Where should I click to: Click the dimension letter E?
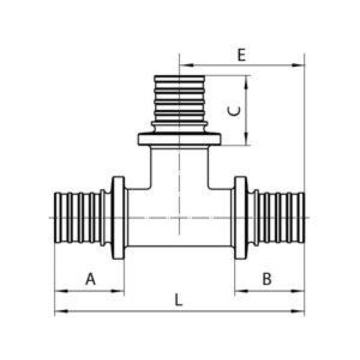[242, 56]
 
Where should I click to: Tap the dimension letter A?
[91, 279]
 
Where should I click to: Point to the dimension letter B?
[267, 279]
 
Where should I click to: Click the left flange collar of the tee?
[118, 218]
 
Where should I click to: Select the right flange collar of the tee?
[240, 218]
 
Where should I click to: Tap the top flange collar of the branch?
[179, 139]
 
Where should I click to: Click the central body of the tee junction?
[179, 218]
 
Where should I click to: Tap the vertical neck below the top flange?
[179, 166]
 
